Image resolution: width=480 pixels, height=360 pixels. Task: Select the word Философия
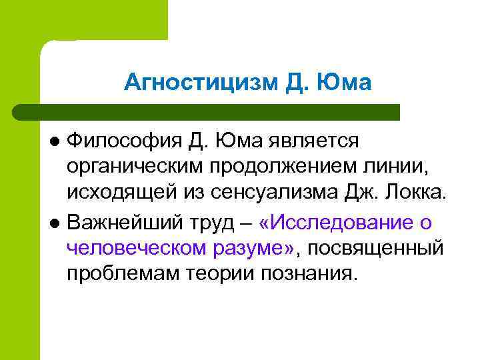coord(125,141)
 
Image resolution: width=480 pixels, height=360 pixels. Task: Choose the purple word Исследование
coord(346,221)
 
